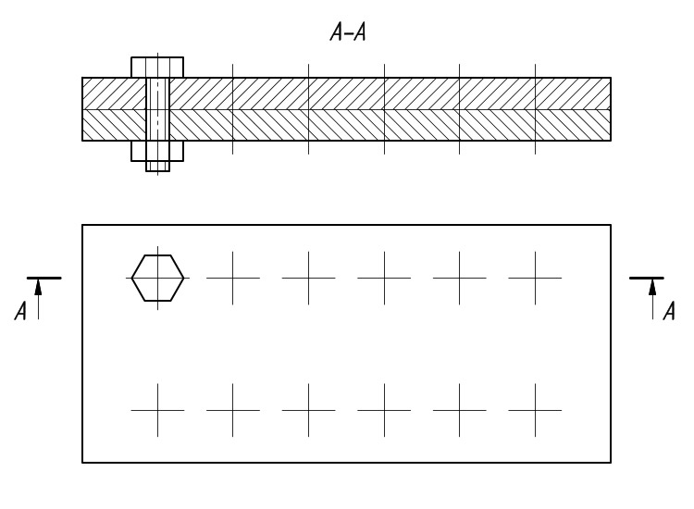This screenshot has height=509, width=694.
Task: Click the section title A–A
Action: [348, 32]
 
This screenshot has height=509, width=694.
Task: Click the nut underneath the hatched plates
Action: [157, 151]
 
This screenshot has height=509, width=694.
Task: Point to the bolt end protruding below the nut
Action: [158, 166]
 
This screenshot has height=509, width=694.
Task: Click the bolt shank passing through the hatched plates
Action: [158, 109]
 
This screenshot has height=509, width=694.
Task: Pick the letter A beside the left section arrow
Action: [20, 311]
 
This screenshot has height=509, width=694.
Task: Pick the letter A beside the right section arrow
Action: [669, 311]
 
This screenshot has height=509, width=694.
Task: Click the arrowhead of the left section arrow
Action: [38, 287]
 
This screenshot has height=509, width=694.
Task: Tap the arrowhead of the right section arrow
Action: [652, 287]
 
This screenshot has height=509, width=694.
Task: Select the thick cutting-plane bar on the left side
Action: [44, 278]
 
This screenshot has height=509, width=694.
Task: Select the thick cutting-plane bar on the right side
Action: [647, 278]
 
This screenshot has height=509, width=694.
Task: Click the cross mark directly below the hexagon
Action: [157, 410]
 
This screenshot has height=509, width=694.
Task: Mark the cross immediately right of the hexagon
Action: [233, 278]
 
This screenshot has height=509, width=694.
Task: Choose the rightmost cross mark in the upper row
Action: [535, 278]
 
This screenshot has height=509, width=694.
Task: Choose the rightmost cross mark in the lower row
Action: [535, 410]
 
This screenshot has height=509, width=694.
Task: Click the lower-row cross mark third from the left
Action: [308, 410]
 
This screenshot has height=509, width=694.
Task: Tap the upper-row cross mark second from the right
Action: [459, 278]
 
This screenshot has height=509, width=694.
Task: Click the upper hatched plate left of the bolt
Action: [114, 93]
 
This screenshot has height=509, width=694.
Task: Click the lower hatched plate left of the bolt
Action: [114, 125]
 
